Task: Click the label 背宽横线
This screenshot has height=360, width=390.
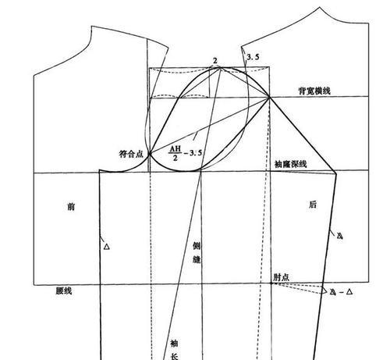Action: click(x=314, y=91)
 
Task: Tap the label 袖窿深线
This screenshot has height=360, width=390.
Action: click(x=291, y=164)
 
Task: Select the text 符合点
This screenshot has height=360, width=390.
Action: click(x=131, y=154)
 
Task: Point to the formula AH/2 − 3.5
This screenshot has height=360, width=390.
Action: click(x=186, y=153)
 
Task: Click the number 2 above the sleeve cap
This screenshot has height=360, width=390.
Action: click(x=215, y=61)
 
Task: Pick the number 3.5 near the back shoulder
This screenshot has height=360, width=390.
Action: click(x=253, y=57)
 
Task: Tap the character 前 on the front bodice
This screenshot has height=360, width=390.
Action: click(x=71, y=207)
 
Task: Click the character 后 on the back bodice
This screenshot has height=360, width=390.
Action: click(x=313, y=205)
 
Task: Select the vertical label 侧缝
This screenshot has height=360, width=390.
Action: click(x=197, y=252)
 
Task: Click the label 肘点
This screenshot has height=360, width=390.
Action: click(x=281, y=277)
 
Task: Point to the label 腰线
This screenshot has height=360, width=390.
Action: click(x=64, y=290)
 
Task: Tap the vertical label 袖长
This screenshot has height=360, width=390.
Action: click(x=174, y=349)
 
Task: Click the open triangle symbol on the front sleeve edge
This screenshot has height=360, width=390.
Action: click(x=107, y=247)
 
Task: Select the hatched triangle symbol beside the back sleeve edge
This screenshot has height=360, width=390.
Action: click(x=340, y=236)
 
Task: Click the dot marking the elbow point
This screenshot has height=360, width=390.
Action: click(x=271, y=283)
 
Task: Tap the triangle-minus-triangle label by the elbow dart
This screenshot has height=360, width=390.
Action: click(x=341, y=292)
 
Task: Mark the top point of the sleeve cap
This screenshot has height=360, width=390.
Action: click(x=221, y=68)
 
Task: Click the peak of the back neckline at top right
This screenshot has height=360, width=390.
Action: click(x=320, y=8)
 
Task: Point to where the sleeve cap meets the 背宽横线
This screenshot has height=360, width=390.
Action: click(x=270, y=98)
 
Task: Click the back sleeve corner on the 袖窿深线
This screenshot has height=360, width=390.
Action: click(x=335, y=173)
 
